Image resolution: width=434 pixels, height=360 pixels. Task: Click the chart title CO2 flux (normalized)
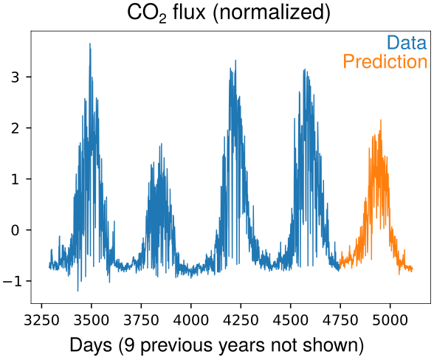[x=229, y=13]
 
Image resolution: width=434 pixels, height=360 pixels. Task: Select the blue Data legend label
[x=407, y=43]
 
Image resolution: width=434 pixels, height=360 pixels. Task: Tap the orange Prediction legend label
[x=385, y=61]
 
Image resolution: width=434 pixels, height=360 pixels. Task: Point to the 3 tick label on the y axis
[x=15, y=77]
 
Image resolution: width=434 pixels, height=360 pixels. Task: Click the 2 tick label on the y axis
[x=15, y=128]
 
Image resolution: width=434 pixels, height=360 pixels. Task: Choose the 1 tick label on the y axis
[x=15, y=179]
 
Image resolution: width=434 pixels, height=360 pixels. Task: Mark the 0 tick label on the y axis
[x=15, y=230]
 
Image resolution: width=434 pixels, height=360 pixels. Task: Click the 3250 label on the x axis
[x=41, y=320]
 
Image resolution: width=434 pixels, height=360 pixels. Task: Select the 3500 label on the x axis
[x=92, y=320]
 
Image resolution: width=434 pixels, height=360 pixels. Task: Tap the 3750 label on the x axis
[x=141, y=320]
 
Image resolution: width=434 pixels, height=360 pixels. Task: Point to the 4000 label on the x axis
[x=191, y=320]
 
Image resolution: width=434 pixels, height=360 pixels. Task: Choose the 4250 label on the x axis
[x=241, y=320]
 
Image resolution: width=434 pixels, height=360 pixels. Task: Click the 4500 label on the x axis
[x=291, y=320]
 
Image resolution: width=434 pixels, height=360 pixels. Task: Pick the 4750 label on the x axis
[x=340, y=320]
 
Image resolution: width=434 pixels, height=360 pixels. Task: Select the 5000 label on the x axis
[x=390, y=320]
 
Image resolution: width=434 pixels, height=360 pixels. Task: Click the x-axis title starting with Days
[x=216, y=345]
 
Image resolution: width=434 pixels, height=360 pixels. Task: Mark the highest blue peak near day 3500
[x=90, y=44]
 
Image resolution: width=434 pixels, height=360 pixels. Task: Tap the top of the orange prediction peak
[x=381, y=120]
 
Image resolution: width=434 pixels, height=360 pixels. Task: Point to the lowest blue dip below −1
[x=77, y=291]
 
